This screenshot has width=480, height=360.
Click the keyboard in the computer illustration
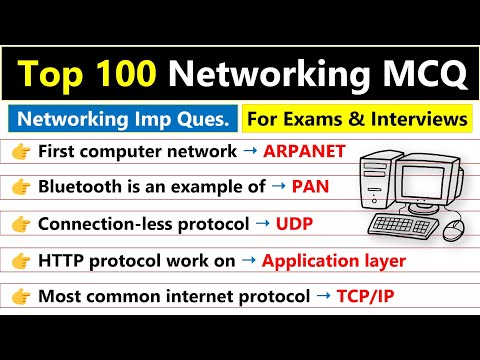tap(406, 222)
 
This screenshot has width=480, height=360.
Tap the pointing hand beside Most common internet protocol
tap(20, 297)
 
